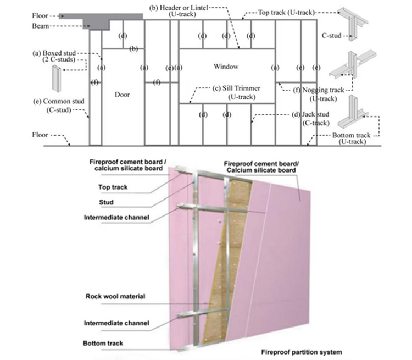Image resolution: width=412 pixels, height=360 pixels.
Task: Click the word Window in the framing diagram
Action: click(x=226, y=67)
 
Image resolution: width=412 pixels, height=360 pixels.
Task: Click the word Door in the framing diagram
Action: click(x=122, y=95)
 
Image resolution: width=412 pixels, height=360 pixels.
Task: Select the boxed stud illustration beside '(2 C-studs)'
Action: click(x=57, y=77)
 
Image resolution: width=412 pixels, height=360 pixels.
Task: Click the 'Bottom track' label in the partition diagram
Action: click(x=103, y=344)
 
